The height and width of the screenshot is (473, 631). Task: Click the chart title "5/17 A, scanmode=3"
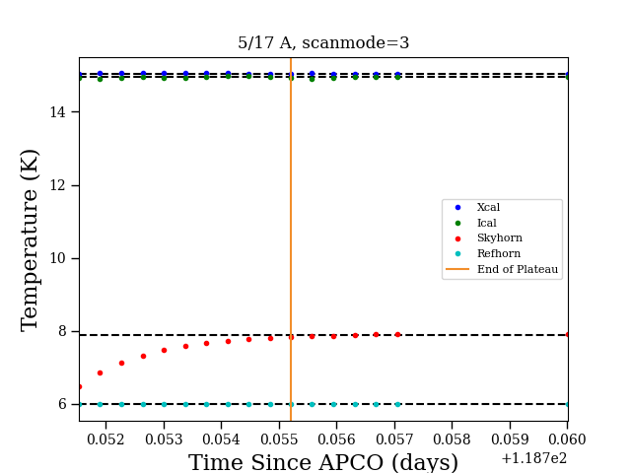[x=323, y=42]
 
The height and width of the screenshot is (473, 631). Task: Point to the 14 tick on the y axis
[x=57, y=111]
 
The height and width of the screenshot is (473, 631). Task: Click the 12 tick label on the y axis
[x=57, y=185]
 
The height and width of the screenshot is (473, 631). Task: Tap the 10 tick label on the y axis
[x=57, y=258]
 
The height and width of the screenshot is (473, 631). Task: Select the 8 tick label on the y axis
[x=62, y=331]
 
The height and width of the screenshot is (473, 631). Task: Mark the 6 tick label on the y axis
[x=62, y=404]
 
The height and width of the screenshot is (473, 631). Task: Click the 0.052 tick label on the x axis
[x=105, y=439]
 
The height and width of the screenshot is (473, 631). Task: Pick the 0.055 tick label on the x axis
[x=279, y=439]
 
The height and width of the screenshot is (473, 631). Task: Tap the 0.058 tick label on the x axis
[x=452, y=439]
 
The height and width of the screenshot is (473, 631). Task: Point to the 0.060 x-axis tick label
[x=567, y=439]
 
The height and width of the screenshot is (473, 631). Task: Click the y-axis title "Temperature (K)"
[x=30, y=240]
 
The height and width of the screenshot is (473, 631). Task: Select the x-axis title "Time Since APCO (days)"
[x=323, y=462]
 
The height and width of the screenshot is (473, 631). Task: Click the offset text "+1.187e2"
[x=534, y=458]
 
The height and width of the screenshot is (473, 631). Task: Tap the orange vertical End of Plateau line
[x=291, y=239]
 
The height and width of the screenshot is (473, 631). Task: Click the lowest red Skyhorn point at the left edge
[x=80, y=387]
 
